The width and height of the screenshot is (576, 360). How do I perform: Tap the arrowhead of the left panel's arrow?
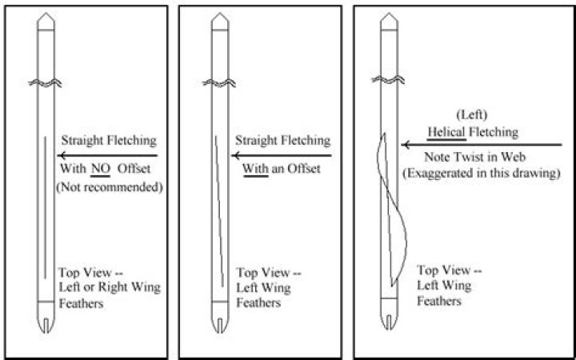click(62, 156)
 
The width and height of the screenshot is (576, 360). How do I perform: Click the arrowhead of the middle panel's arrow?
click(235, 155)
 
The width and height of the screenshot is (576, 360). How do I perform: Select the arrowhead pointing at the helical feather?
click(406, 145)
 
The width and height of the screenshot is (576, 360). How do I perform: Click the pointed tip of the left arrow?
click(46, 18)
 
